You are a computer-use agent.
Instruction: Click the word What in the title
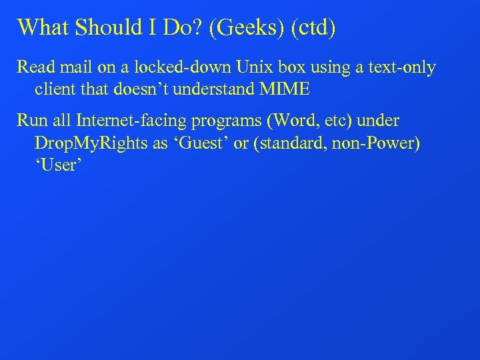point(43,27)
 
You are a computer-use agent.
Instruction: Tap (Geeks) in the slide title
point(233,28)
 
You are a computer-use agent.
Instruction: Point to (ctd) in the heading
point(303,28)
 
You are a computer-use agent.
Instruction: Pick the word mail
point(75,68)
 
